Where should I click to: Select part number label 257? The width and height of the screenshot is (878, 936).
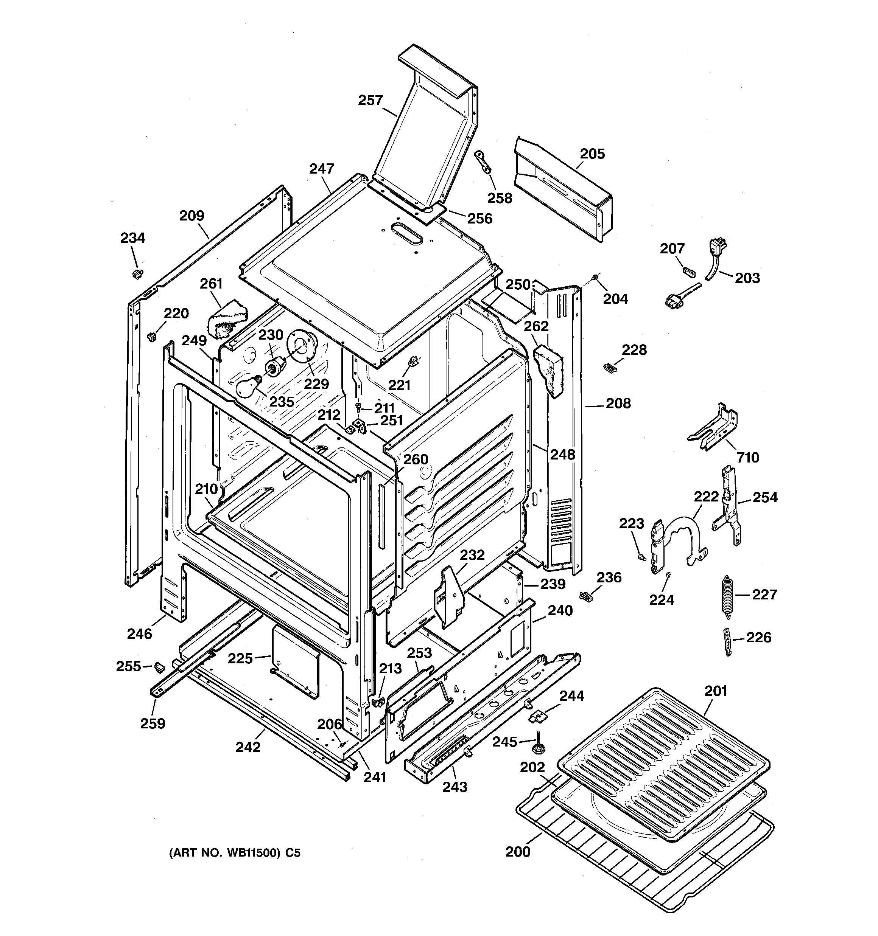371,100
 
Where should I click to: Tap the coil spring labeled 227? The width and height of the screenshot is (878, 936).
728,595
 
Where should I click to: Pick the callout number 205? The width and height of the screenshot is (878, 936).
592,154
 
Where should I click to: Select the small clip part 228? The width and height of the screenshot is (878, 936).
609,367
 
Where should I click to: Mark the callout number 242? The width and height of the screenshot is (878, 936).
248,747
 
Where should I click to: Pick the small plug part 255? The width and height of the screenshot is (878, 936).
159,666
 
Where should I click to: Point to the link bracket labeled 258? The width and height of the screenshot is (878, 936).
483,162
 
